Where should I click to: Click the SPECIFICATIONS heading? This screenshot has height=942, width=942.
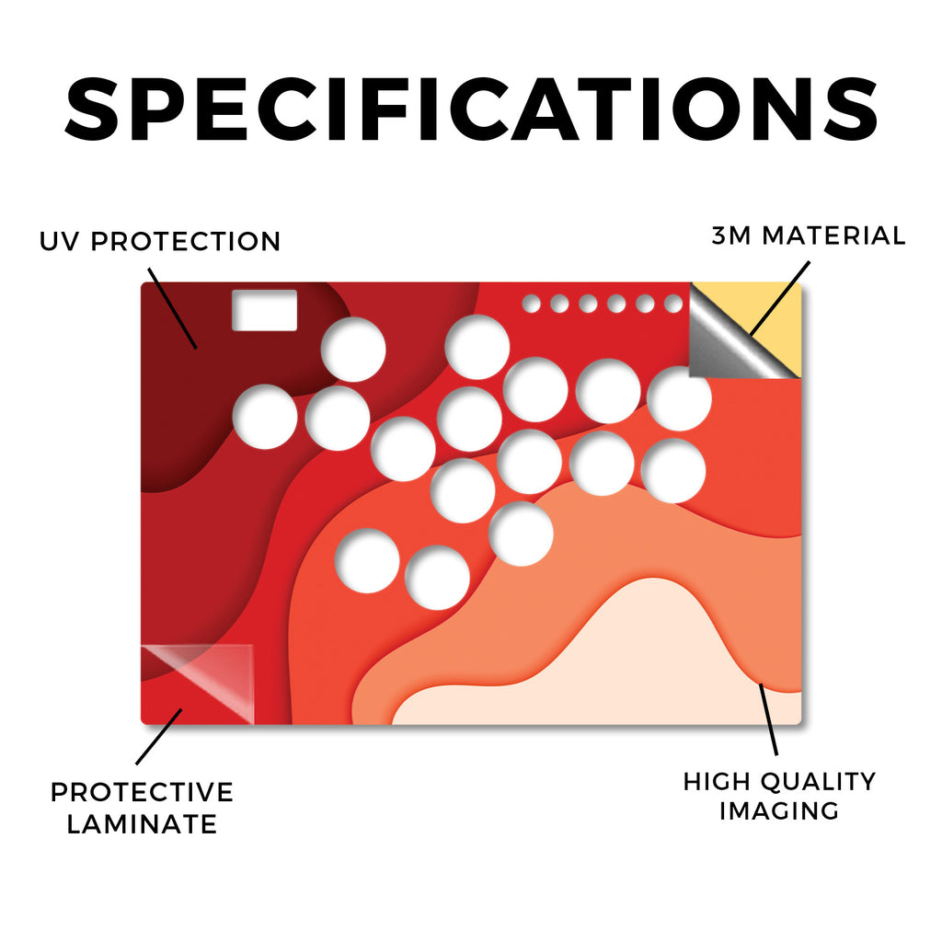pyautogui.click(x=471, y=109)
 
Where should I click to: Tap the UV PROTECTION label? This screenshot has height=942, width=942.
pyautogui.click(x=160, y=242)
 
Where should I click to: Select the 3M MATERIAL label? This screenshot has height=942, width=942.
pyautogui.click(x=809, y=235)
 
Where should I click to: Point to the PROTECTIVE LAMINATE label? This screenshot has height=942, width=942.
pyautogui.click(x=142, y=808)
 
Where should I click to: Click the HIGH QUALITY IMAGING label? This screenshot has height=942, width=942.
pyautogui.click(x=780, y=796)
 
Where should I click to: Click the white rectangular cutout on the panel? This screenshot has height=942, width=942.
pyautogui.click(x=265, y=310)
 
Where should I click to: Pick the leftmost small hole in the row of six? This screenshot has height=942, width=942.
pyautogui.click(x=531, y=304)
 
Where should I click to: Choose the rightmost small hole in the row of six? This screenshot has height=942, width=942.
pyautogui.click(x=673, y=304)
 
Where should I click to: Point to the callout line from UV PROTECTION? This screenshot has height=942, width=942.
pyautogui.click(x=172, y=309)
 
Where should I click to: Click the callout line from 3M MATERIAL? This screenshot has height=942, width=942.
pyautogui.click(x=780, y=299)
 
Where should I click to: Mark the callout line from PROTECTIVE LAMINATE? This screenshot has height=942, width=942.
pyautogui.click(x=159, y=737)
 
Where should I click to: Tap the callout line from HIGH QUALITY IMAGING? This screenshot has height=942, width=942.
pyautogui.click(x=768, y=719)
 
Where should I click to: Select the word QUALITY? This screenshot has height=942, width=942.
pyautogui.click(x=818, y=782)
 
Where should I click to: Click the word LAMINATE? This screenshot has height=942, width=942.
pyautogui.click(x=142, y=823)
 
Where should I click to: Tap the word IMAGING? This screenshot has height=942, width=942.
pyautogui.click(x=779, y=810)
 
